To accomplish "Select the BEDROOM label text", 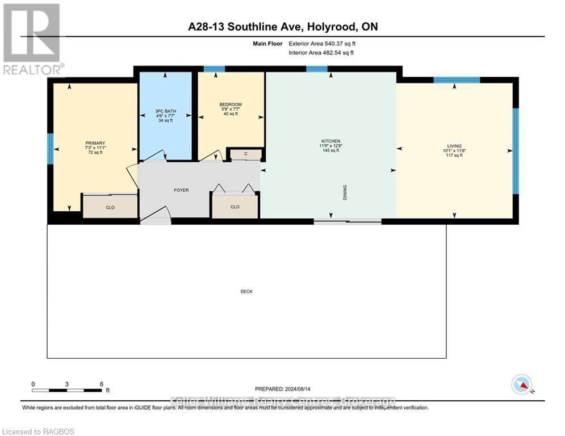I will click(x=231, y=104).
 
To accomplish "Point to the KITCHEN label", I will click(x=330, y=141).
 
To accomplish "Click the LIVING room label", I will click(x=454, y=146).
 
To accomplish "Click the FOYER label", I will click(x=181, y=190).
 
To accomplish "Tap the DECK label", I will click(x=246, y=291).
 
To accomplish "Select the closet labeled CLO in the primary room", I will click(x=110, y=207).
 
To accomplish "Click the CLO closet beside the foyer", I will click(x=235, y=207).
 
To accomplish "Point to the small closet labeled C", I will click(x=245, y=154).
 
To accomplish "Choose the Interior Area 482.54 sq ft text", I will click(x=329, y=53).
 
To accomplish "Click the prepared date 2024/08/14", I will click(x=283, y=389).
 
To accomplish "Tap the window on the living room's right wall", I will click(x=516, y=150).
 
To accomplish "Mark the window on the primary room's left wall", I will click(x=50, y=148).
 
